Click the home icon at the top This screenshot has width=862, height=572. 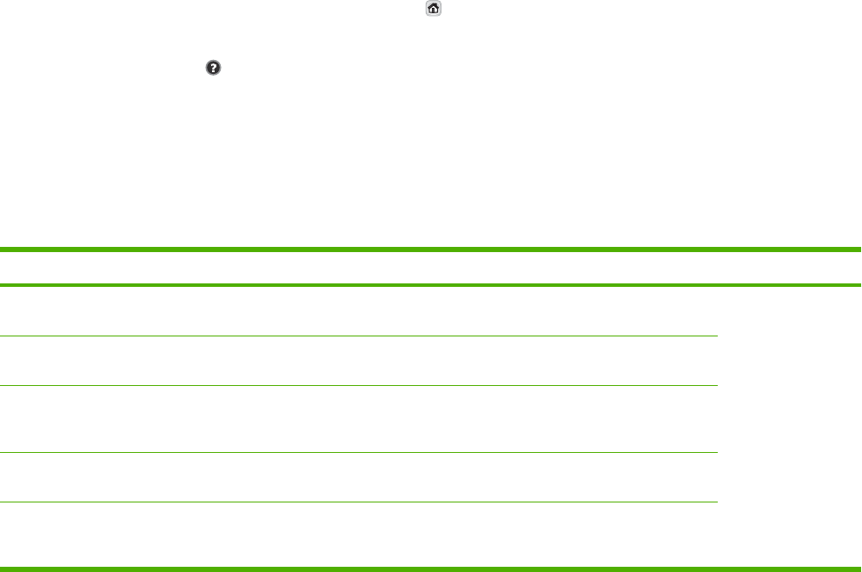click(433, 9)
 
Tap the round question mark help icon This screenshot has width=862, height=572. click(211, 66)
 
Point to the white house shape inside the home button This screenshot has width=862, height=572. click(433, 9)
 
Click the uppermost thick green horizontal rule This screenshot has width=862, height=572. click(431, 249)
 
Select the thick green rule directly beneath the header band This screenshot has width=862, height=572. click(431, 284)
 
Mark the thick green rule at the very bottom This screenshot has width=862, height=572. click(431, 569)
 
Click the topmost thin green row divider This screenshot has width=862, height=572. click(359, 336)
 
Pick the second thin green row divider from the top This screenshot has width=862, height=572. click(359, 385)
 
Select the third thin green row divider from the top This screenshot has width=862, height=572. click(359, 452)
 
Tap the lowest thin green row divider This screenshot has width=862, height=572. click(359, 502)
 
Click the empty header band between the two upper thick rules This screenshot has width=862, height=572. click(431, 267)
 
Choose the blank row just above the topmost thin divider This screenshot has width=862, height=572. click(359, 311)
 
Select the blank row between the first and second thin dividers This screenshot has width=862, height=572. click(359, 361)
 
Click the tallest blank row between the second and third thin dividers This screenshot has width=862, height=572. click(359, 419)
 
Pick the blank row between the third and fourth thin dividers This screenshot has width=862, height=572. click(359, 477)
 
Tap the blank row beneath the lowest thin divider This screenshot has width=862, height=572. click(359, 534)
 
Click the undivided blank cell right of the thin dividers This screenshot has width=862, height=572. click(789, 426)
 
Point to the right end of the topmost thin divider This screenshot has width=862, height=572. click(714, 336)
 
